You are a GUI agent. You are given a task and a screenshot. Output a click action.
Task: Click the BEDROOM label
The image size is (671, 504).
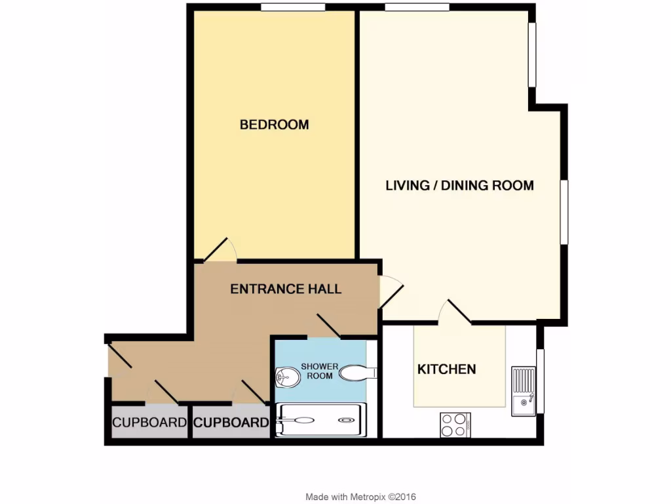pos(274,125)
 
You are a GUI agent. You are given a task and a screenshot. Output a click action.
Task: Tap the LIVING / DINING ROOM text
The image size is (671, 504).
pos(459,186)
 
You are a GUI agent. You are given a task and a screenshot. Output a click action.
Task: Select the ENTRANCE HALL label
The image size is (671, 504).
pos(286,289)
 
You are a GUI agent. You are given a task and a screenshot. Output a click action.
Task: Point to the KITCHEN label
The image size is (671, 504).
pos(447,369)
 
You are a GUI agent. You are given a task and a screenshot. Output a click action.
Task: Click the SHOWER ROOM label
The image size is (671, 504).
pos(319,371)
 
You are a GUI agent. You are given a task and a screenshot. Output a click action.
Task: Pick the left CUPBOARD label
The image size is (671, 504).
pos(149,423)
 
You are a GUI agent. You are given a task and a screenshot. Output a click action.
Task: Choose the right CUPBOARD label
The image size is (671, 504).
pos(231,423)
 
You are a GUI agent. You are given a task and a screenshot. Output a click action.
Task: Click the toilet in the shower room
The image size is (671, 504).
pos(358,373)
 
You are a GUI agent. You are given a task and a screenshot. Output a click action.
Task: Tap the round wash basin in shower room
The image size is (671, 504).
pos(286,377)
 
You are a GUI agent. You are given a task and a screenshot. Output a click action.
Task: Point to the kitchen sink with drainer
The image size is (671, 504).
pos(524,391)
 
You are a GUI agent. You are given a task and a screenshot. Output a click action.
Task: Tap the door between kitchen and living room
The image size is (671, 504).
pos(457,312)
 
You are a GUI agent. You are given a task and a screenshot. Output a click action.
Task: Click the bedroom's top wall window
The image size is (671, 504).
pos(292,7)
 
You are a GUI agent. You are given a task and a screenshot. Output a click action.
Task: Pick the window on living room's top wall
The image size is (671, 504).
pos(417,7)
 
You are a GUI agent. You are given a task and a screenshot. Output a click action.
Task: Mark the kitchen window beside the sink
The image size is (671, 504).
pos(540,381)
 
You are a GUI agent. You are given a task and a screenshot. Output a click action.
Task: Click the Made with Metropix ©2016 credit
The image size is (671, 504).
pos(360,497)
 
